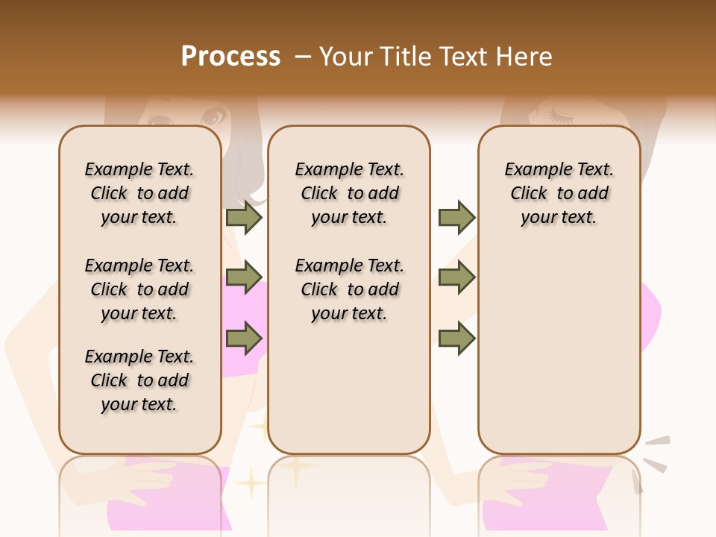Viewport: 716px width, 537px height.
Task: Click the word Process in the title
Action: (230, 57)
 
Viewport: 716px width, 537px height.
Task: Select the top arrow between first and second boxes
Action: (244, 217)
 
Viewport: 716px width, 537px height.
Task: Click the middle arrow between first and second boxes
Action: (244, 277)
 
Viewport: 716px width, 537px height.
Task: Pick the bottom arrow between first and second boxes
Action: (244, 339)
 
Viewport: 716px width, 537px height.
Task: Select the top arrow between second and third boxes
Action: (456, 217)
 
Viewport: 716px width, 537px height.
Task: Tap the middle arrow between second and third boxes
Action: (456, 277)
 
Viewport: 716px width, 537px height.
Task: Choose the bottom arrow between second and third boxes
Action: (456, 339)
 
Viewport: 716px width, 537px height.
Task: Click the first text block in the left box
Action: (139, 193)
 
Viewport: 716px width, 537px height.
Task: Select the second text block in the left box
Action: (139, 289)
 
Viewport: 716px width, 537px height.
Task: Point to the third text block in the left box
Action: (139, 380)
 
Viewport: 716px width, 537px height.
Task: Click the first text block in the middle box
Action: (349, 193)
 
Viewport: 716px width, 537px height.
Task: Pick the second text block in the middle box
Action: (349, 289)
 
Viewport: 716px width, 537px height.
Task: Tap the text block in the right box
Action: (559, 193)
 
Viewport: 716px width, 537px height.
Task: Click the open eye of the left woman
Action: (213, 117)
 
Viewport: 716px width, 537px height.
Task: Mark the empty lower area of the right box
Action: (559, 351)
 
